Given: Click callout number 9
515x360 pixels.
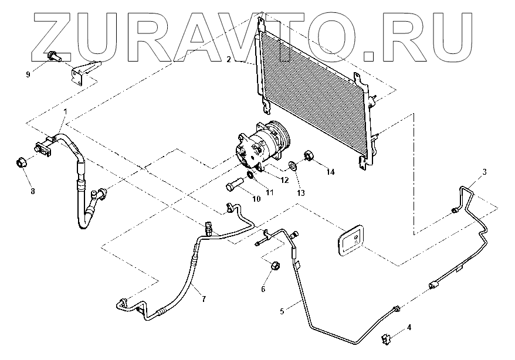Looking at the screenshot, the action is pyautogui.click(x=28, y=74).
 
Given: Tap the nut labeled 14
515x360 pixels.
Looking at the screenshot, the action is pyautogui.click(x=308, y=156).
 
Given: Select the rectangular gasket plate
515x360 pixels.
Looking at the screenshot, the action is pyautogui.click(x=350, y=240).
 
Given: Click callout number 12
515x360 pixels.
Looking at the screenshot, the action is pyautogui.click(x=284, y=180).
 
